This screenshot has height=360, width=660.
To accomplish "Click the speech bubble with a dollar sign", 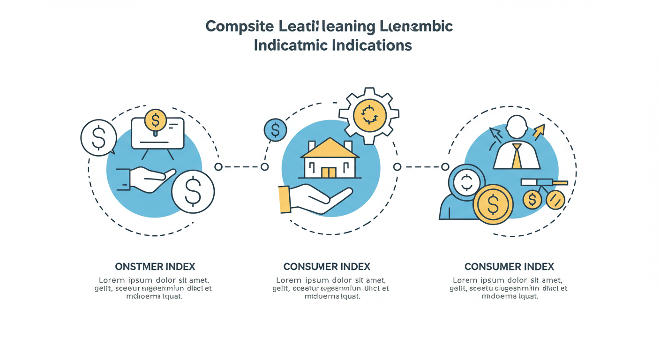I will coord(98,137).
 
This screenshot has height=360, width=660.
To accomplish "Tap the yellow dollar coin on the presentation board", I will coord(156,120).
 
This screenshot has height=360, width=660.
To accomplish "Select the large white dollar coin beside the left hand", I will coord(193,191).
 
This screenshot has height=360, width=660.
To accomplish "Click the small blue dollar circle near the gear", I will coord(275,130).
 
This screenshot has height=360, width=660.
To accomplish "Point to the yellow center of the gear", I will coord(369,115).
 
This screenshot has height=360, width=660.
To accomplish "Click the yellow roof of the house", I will coord(330,149).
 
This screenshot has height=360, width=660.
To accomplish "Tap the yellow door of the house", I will coord(329,172).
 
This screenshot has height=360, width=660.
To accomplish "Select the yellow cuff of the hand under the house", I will coord(284,199).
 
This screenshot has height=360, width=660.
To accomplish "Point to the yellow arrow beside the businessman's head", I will coord(539,131).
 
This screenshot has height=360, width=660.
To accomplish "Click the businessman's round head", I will coord(517,127).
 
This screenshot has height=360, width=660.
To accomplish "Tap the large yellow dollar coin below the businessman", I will coord(493,204).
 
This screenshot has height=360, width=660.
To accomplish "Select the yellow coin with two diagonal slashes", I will coord(555,200).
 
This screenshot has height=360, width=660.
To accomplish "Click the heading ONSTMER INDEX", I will coord(155,267).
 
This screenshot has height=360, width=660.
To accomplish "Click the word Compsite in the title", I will coord(239,26).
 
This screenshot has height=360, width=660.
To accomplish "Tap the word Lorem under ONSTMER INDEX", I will coord(112,280).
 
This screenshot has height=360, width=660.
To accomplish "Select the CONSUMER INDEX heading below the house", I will coord(327,267).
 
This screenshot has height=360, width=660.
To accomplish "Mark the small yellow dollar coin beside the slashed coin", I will coord(532,200).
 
